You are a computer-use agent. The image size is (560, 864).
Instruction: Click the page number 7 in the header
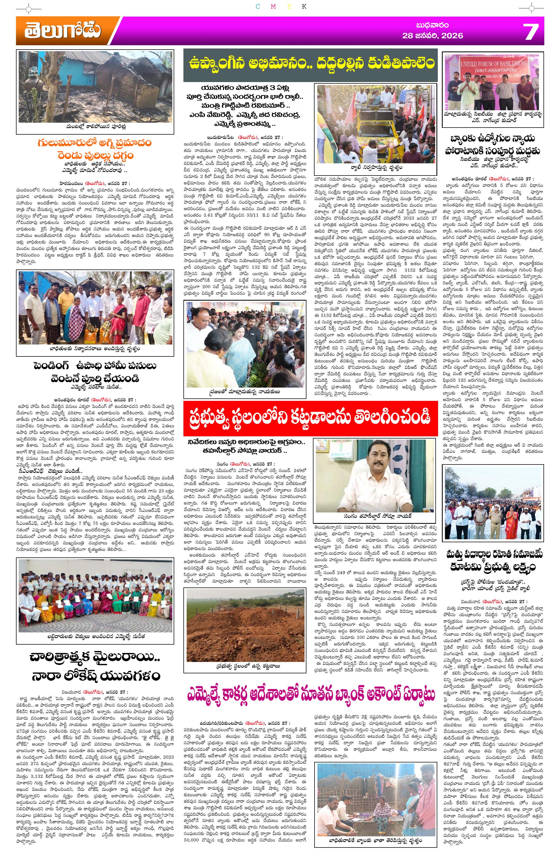click(x=530, y=32)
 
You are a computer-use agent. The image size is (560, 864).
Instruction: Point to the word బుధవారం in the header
click(x=432, y=25)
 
